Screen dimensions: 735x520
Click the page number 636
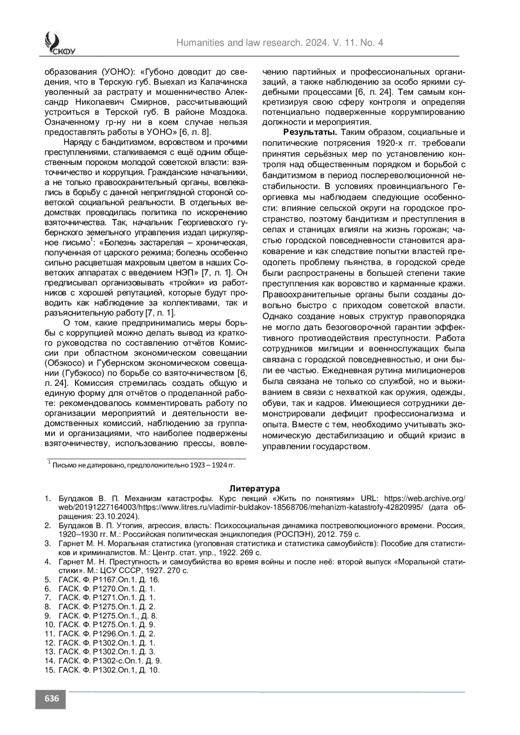click(51, 699)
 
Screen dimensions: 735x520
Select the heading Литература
click(255, 489)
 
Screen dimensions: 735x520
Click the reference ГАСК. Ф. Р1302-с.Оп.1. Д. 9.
click(110, 661)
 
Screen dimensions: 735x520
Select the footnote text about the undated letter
click(143, 465)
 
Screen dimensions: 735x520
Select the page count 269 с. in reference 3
click(251, 553)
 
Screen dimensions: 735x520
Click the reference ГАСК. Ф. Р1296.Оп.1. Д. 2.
click(107, 634)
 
